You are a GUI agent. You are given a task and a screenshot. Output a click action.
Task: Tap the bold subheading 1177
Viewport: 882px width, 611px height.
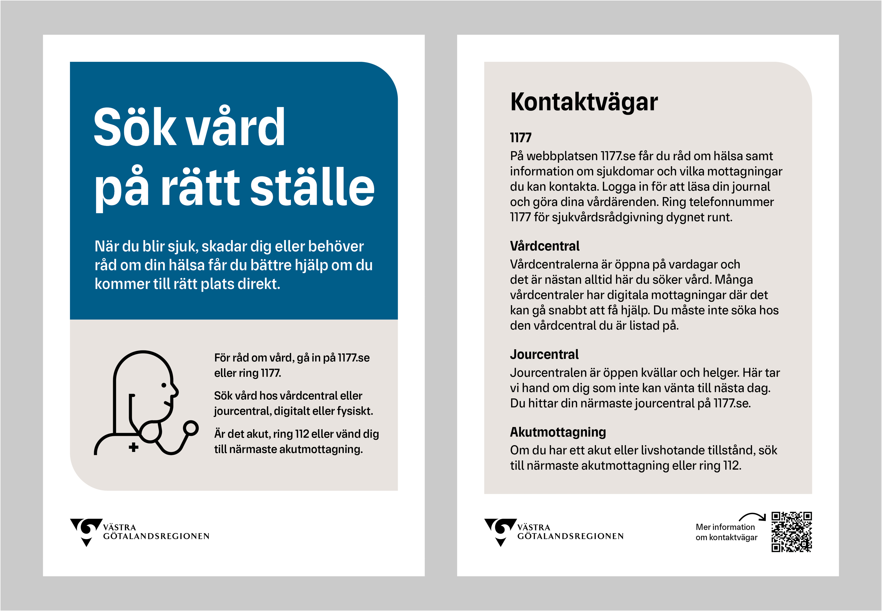pos(520,138)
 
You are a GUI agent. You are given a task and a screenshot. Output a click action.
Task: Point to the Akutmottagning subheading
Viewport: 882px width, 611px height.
pos(558,432)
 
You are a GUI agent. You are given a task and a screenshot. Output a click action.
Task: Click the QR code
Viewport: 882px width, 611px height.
pos(791,532)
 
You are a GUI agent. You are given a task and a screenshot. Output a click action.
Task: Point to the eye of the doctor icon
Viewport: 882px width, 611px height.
pos(164,385)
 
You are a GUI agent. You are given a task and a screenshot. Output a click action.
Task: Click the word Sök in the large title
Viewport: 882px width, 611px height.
pos(134,127)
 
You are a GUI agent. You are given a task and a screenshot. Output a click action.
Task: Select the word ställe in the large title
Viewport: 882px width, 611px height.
pos(312,187)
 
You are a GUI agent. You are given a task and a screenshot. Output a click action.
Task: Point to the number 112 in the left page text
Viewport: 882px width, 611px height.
pos(302,434)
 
